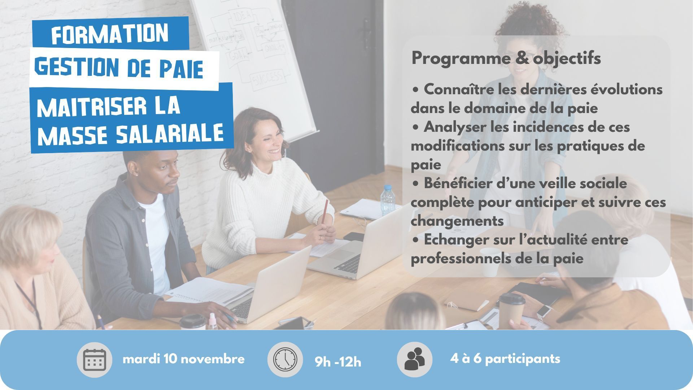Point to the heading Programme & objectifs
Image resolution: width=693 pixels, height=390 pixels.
click(506, 58)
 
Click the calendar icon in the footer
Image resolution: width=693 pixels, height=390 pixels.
click(94, 360)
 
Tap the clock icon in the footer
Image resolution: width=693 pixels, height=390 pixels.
click(285, 360)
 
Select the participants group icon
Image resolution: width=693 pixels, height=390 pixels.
click(414, 359)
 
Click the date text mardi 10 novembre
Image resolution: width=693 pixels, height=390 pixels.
click(184, 359)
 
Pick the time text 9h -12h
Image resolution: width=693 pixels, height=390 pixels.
click(338, 361)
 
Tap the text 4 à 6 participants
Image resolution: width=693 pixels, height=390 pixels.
click(505, 359)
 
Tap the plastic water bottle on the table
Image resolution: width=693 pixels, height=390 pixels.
click(388, 201)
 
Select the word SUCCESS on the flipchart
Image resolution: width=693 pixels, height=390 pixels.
click(268, 77)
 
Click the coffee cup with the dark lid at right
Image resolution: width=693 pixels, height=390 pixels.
click(511, 309)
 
